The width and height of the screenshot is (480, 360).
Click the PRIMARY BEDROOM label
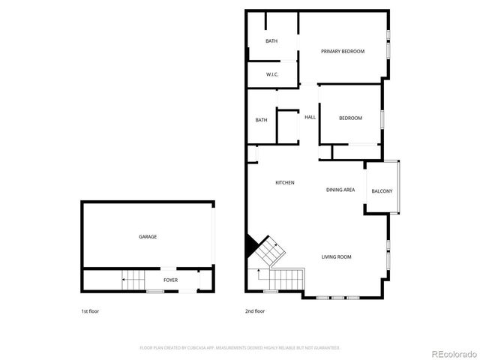342,51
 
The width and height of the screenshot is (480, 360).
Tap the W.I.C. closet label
273,74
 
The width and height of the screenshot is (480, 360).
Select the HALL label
310,117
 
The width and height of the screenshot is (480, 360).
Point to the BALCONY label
381,191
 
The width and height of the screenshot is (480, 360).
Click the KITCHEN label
284,183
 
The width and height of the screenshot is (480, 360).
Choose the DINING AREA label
340,190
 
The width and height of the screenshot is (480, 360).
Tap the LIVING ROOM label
336,257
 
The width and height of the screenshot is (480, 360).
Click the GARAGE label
148,236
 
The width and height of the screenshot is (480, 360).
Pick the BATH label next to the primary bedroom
271,40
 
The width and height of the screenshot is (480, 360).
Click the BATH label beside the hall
261,120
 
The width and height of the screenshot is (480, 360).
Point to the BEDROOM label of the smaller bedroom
350,118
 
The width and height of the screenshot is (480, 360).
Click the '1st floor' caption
90,310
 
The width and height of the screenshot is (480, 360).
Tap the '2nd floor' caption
255,310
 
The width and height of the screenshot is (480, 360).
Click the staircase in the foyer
133,280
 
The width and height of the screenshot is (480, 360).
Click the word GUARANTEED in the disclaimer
327,348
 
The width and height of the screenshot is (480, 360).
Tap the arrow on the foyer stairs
124,280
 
